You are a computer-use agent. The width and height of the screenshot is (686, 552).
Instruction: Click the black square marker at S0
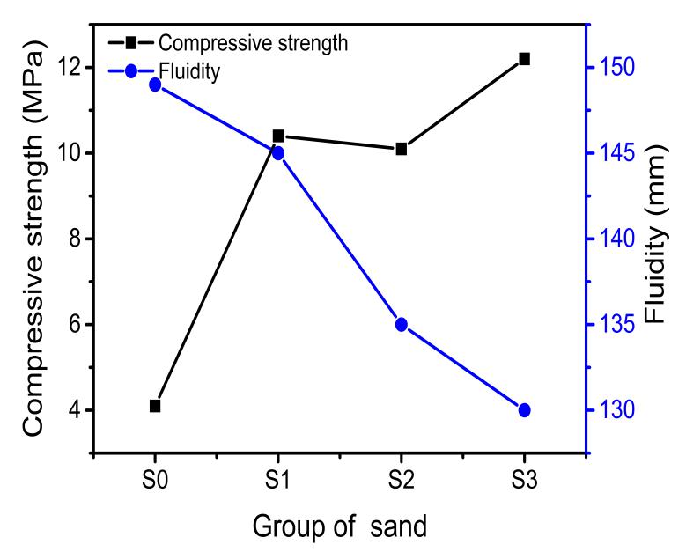pyautogui.click(x=155, y=406)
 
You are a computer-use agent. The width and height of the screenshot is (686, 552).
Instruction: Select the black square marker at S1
pyautogui.click(x=278, y=136)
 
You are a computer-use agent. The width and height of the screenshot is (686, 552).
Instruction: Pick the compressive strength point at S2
pyautogui.click(x=402, y=149)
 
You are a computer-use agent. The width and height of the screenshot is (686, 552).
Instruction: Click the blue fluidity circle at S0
pyautogui.click(x=155, y=85)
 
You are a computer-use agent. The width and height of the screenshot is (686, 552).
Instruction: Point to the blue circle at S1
pyautogui.click(x=278, y=153)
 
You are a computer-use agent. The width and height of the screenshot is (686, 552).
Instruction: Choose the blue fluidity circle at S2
pyautogui.click(x=402, y=324)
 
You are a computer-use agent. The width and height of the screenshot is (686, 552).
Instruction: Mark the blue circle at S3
pyautogui.click(x=525, y=410)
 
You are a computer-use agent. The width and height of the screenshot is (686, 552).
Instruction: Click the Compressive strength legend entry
pyautogui.click(x=229, y=42)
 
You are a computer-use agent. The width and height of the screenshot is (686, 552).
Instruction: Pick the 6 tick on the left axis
pyautogui.click(x=74, y=325)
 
